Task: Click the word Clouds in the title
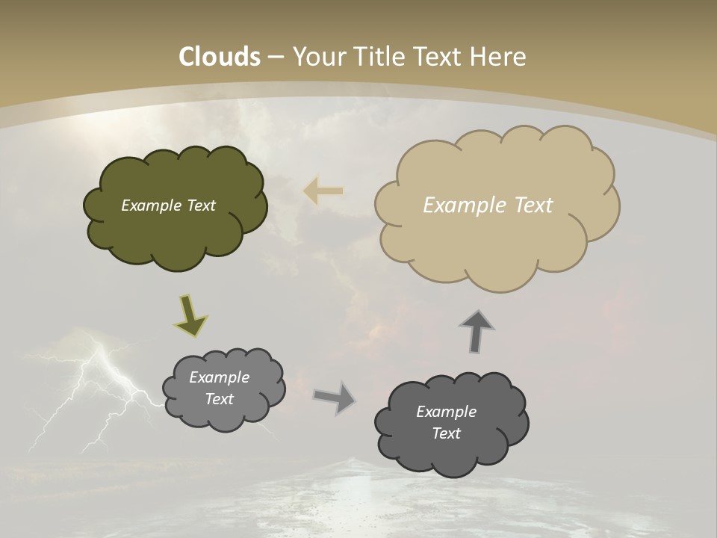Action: pyautogui.click(x=220, y=57)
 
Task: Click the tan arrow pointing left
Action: pyautogui.click(x=323, y=191)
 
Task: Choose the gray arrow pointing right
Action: pyautogui.click(x=335, y=397)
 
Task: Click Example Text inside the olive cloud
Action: pyautogui.click(x=168, y=205)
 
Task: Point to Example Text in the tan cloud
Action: pyautogui.click(x=488, y=205)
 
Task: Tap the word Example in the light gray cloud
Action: pyautogui.click(x=219, y=377)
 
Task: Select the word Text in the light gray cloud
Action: pyautogui.click(x=219, y=399)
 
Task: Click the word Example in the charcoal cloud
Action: pyautogui.click(x=446, y=412)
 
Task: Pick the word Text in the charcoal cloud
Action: pyautogui.click(x=446, y=433)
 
